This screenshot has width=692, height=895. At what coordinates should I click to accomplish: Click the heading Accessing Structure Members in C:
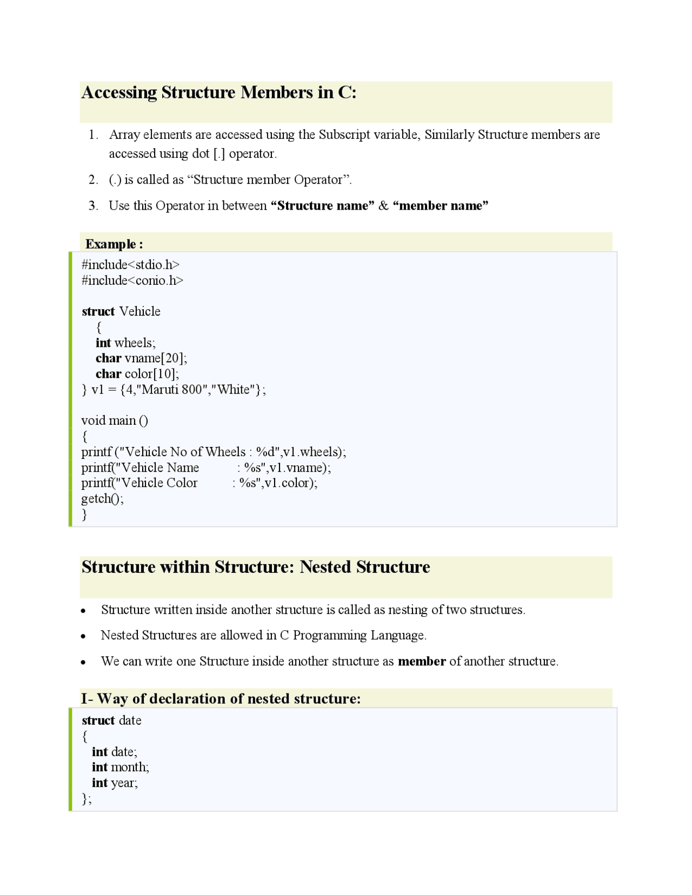pyautogui.click(x=218, y=92)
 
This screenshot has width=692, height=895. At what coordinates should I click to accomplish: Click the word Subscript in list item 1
pyautogui.click(x=344, y=135)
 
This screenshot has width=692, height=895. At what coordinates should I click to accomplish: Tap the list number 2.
pyautogui.click(x=93, y=180)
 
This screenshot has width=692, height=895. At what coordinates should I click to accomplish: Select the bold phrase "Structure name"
pyautogui.click(x=322, y=206)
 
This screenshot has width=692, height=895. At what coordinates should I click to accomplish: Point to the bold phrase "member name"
pyautogui.click(x=441, y=206)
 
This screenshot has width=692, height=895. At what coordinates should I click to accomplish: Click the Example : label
pyautogui.click(x=114, y=244)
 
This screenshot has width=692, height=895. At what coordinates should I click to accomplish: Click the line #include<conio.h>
pyautogui.click(x=132, y=280)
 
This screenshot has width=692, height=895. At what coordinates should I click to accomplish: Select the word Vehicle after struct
pyautogui.click(x=139, y=312)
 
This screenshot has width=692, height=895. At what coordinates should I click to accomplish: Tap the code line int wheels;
pyautogui.click(x=125, y=343)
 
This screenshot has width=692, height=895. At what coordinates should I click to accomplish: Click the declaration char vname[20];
pyautogui.click(x=141, y=358)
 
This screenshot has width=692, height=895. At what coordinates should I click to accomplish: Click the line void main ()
pyautogui.click(x=115, y=421)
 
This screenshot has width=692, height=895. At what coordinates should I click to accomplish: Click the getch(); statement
pyautogui.click(x=102, y=499)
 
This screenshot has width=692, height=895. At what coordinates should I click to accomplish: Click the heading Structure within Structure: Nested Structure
pyautogui.click(x=256, y=567)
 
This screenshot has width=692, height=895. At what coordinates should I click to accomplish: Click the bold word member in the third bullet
pyautogui.click(x=422, y=662)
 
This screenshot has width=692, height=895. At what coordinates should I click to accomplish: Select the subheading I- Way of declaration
pyautogui.click(x=221, y=699)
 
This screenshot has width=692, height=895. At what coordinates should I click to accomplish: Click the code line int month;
pyautogui.click(x=120, y=767)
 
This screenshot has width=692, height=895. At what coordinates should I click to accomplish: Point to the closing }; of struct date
pyautogui.click(x=86, y=799)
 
